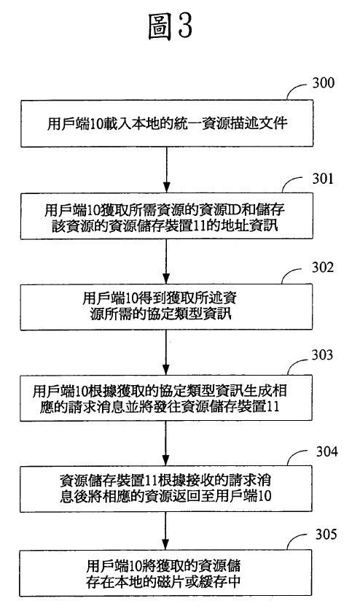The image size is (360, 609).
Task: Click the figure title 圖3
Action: coord(170,26)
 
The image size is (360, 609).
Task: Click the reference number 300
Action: coord(323,82)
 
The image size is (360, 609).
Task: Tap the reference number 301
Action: coord(323,178)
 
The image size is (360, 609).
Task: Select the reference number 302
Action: coord(323,267)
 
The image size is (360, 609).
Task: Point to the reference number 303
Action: coord(322,354)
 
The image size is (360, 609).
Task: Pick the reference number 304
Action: coord(327,451)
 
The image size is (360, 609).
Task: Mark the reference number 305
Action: coord(326,535)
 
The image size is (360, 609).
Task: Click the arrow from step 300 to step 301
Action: coord(166,170)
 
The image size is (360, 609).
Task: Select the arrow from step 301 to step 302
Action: coord(166,261)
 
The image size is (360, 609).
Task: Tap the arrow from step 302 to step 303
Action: coord(166,353)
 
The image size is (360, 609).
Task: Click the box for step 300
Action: coord(167,123)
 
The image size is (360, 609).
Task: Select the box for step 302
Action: coord(166,307)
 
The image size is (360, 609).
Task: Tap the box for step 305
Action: coord(165,573)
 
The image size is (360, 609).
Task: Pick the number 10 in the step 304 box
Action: coord(265,496)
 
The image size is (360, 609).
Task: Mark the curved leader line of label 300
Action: coord(298,91)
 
